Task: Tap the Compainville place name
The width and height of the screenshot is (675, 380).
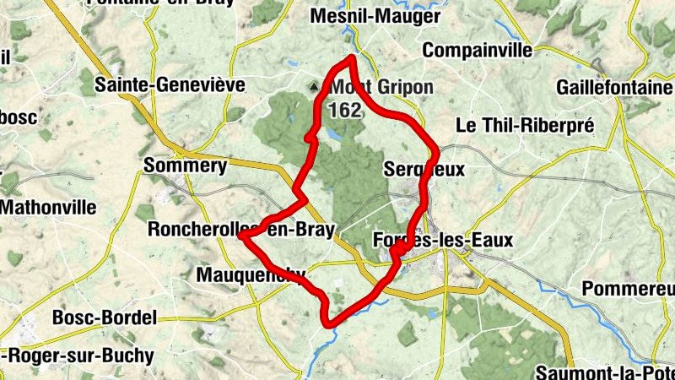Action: click(477, 51)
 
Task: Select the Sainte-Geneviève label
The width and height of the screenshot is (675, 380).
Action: click(170, 84)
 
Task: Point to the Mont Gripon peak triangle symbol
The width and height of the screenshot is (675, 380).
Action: click(316, 86)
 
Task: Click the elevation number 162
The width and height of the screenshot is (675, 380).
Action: click(345, 109)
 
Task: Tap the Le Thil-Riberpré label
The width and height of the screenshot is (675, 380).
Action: click(525, 125)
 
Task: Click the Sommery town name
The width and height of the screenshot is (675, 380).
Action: click(186, 166)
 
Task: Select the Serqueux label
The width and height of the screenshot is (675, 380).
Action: click(424, 169)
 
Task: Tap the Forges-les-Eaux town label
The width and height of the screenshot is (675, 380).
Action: click(442, 241)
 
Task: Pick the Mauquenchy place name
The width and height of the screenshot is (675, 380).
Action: click(250, 274)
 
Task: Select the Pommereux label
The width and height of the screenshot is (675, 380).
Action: click(629, 290)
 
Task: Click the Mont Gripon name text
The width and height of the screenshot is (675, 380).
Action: click(381, 88)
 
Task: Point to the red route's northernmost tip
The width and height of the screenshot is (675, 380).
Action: click(352, 57)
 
